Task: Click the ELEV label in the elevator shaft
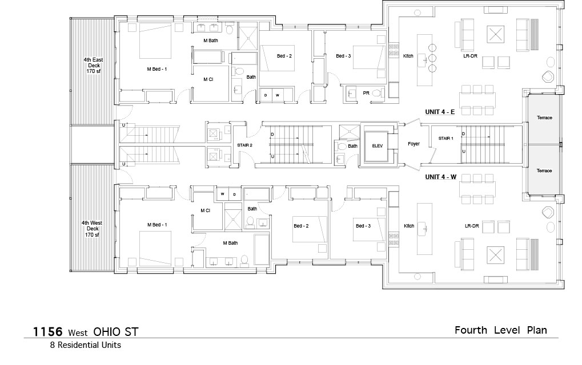tap(377, 146)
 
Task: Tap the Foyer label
tap(414, 144)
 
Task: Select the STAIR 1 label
tap(445, 138)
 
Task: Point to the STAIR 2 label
tap(244, 145)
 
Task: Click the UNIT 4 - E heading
tap(440, 112)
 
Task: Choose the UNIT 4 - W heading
tap(440, 177)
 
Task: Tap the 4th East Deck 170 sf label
tap(93, 65)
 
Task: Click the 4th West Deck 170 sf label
tap(92, 229)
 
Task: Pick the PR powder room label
tap(366, 93)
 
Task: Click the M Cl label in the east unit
tap(208, 79)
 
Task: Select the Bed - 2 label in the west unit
tap(301, 226)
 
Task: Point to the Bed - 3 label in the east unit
tap(343, 56)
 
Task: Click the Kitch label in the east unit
tap(408, 56)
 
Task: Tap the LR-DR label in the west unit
tap(472, 226)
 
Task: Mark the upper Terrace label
tap(544, 118)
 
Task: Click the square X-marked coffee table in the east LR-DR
tap(496, 35)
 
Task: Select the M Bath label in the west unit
tap(231, 243)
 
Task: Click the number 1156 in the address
tap(47, 331)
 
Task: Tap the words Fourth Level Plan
tap(501, 330)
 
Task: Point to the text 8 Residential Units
tap(86, 345)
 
